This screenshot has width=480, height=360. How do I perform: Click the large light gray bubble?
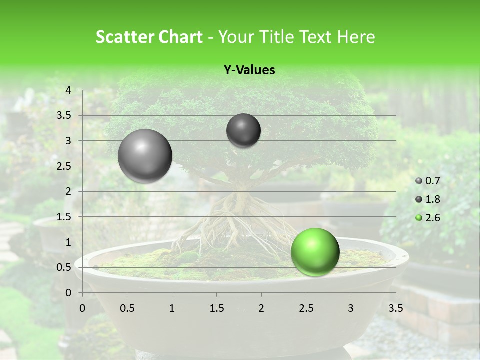click(145, 156)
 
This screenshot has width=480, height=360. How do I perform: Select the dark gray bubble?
click(243, 130)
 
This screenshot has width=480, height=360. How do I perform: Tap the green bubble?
click(315, 252)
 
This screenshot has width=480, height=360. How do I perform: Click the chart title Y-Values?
click(249, 70)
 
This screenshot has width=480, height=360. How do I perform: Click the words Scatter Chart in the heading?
click(149, 37)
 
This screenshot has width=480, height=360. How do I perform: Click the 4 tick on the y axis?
click(68, 90)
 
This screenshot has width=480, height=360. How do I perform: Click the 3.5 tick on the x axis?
click(395, 308)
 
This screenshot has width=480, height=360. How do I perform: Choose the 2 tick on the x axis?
click(261, 308)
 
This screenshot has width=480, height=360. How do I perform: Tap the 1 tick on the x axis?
click(172, 308)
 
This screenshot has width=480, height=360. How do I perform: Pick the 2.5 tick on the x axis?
click(306, 308)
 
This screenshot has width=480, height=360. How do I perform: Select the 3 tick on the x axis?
click(351, 308)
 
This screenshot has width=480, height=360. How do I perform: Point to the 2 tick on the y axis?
click(68, 191)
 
